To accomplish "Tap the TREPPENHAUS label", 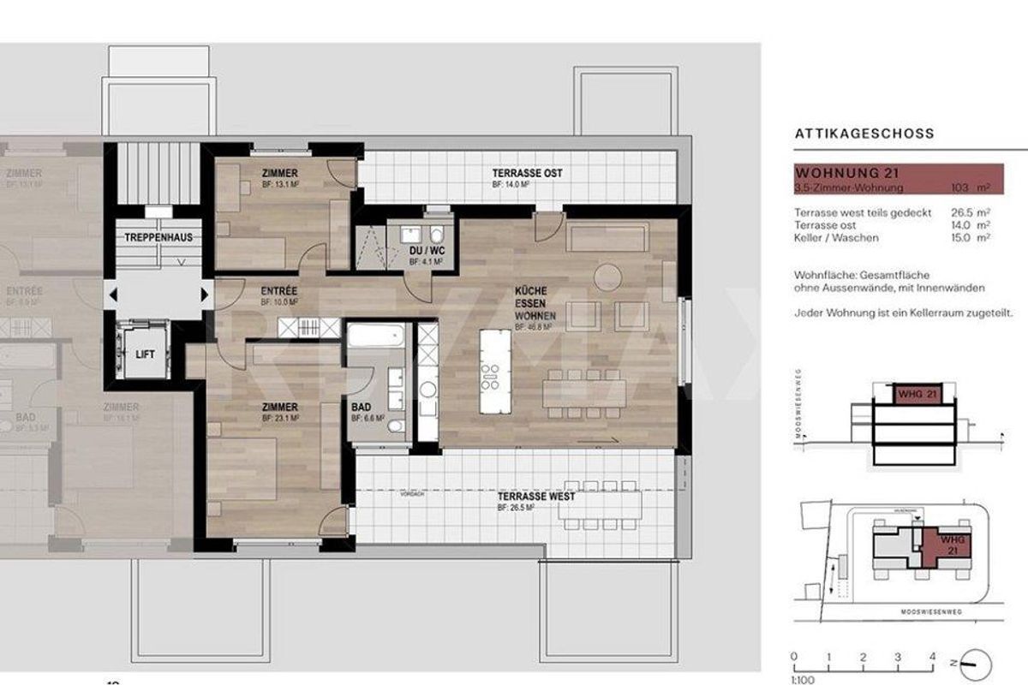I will [158, 236].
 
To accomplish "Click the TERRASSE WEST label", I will [536, 497].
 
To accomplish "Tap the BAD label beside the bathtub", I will [361, 408].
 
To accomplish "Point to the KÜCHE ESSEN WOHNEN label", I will [536, 303].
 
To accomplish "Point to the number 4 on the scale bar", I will [931, 657].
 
